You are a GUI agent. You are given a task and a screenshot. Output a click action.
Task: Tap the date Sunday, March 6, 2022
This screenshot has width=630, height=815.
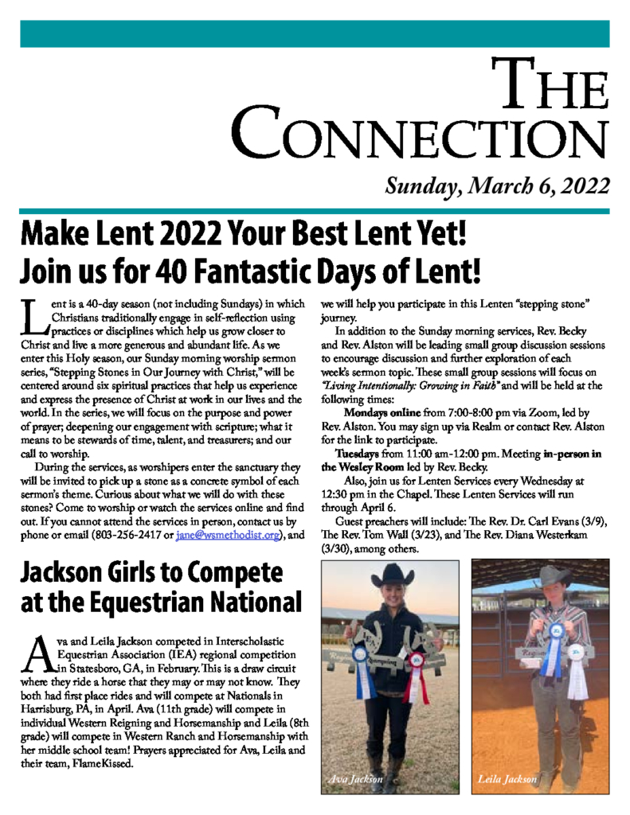pos(497,186)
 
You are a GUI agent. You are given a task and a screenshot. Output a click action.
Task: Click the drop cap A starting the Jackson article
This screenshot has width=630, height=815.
pos(36,653)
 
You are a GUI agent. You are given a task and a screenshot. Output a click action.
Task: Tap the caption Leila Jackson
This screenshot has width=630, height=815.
pos(507,779)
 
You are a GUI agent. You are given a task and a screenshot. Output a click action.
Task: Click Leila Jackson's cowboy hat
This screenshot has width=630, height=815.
pos(553,576)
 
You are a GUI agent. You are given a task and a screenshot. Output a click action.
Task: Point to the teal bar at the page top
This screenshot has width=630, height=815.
pos(315,34)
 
